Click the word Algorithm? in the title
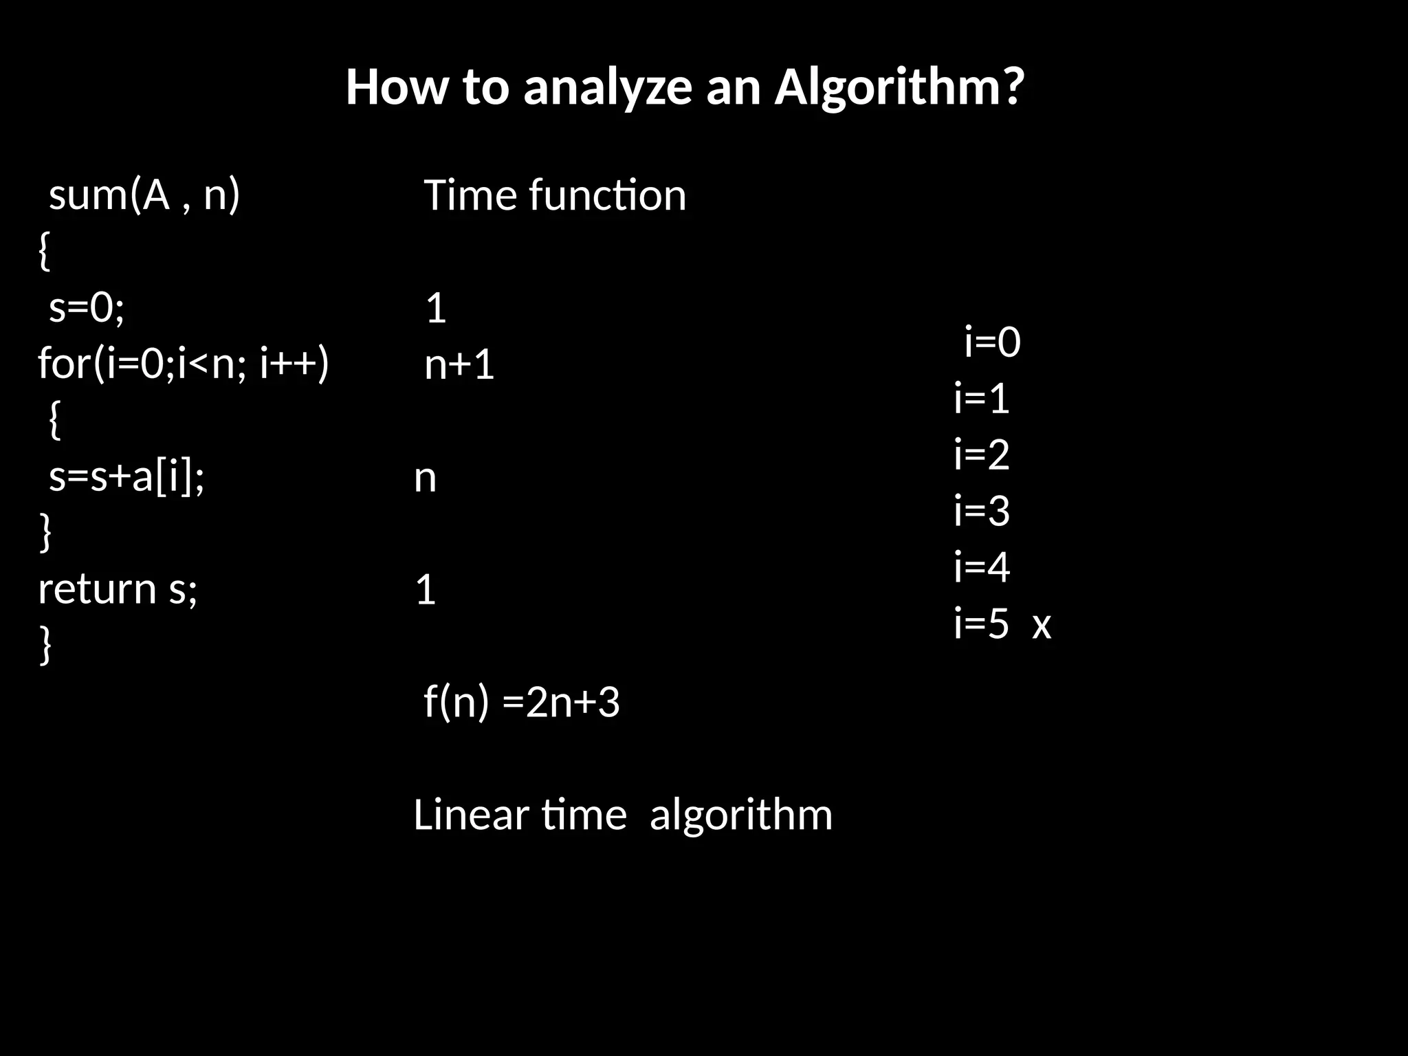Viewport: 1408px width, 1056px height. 899,88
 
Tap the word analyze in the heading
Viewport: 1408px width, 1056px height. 607,88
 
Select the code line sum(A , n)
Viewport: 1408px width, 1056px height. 144,195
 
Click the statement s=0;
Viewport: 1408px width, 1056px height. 87,307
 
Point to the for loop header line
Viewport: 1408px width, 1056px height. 184,363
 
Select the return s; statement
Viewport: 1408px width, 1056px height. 118,589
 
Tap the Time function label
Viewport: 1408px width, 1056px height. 555,195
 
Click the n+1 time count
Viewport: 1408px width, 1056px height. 459,364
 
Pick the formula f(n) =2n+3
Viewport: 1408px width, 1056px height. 522,702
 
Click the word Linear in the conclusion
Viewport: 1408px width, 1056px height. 471,815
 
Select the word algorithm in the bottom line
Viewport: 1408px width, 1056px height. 740,815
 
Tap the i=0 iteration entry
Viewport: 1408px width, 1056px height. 992,342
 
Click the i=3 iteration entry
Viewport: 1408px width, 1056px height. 982,511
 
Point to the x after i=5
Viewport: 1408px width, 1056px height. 1042,624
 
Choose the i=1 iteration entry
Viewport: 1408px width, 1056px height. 982,398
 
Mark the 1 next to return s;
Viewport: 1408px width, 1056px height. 426,590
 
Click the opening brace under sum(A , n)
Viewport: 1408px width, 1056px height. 43,252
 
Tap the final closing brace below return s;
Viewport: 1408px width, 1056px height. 45,645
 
